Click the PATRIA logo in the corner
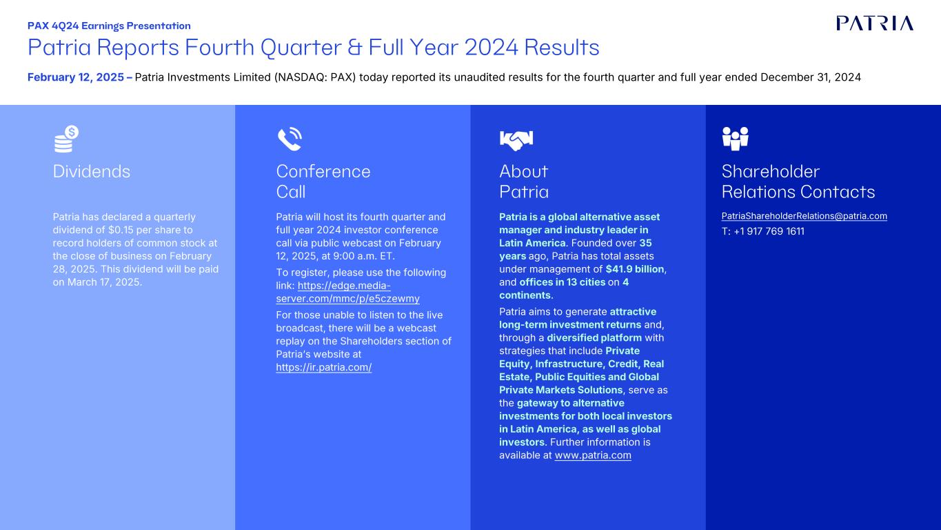coord(875,23)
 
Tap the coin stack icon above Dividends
coord(66,139)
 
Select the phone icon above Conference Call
coord(290,139)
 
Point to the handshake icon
coord(516,140)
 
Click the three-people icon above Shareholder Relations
coord(735,139)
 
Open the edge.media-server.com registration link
coord(348,292)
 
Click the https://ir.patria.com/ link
coord(324,367)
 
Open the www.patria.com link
coord(593,455)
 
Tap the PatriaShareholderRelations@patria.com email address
coord(804,216)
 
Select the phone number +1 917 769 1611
coord(769,231)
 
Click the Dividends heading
coord(92,171)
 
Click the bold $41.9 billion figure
coord(635,269)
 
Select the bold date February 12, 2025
coord(76,77)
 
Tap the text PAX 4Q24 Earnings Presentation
coord(109,26)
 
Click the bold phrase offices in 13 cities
coord(562,282)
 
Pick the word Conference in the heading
coord(323,171)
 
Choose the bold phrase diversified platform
coord(594,337)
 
